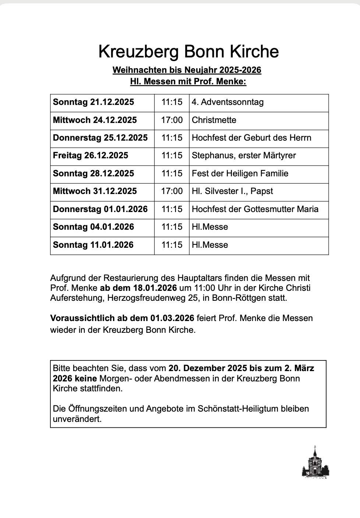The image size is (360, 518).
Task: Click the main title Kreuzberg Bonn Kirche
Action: pos(188,52)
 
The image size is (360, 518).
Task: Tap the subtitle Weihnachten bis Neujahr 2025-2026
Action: pos(187,70)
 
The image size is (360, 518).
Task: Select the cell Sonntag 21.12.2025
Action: pos(93,102)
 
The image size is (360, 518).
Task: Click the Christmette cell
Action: pos(214,120)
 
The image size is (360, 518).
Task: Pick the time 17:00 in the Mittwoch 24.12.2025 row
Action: pos(172,120)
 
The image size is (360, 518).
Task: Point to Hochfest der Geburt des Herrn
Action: pos(251,138)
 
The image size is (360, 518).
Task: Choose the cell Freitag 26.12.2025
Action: pos(91,155)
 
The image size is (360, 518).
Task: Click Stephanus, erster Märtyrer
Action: pos(244,155)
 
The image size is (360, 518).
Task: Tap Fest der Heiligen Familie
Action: pos(240,173)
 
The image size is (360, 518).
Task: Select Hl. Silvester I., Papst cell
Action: pos(232,191)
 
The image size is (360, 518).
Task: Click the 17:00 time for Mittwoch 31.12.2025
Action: pos(172,191)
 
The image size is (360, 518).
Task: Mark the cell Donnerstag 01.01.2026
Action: pos(100,209)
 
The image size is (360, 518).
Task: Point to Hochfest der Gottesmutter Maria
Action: pos(255,209)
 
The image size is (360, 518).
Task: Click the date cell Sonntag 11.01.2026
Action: pos(93,245)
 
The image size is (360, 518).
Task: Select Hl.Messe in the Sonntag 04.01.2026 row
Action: pos(210,227)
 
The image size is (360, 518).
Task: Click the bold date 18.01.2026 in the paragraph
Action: pos(155,288)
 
